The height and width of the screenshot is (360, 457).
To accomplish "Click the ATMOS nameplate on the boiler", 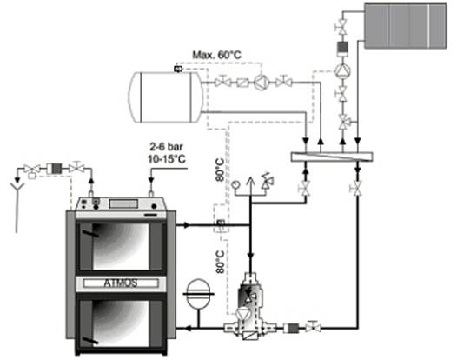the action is tap(121, 283).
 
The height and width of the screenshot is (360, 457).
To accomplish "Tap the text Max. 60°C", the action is tap(217, 55).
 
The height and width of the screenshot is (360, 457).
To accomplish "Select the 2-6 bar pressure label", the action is tap(167, 147).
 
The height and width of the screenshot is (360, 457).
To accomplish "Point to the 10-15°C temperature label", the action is tap(167, 160).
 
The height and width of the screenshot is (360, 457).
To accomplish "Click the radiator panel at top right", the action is tap(406, 26).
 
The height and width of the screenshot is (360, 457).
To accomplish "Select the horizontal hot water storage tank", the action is tap(165, 97).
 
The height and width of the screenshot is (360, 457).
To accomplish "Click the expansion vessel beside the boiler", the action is tap(198, 294).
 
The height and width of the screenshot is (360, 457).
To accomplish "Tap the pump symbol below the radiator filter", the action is tap(342, 70).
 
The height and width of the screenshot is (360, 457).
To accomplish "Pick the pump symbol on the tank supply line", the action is tap(262, 83).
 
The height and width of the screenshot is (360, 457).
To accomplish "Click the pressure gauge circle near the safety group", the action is tap(235, 184).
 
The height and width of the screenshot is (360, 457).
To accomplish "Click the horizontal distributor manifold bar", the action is tap(332, 157).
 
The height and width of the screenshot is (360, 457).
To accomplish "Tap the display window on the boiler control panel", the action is tap(123, 203).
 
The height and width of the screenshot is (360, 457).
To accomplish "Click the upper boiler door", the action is tap(121, 246).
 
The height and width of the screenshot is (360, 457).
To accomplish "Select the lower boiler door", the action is tap(121, 323).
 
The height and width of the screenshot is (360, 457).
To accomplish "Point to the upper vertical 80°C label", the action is tap(221, 170).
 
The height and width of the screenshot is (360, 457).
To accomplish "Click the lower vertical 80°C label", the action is tap(221, 262).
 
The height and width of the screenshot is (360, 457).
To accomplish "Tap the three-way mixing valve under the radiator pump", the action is tap(344, 122).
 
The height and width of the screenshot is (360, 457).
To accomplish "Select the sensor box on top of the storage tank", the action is tap(178, 70).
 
